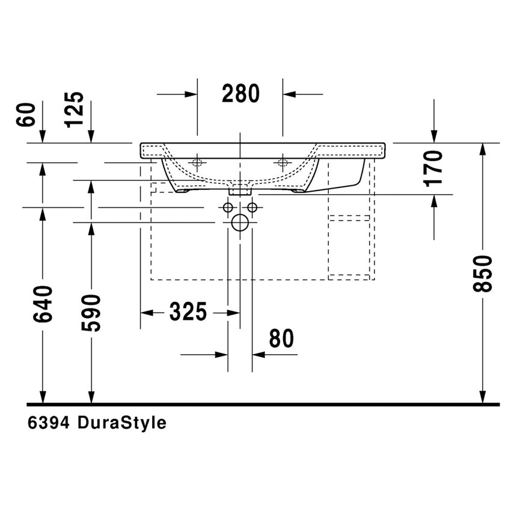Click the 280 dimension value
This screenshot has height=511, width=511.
(x=240, y=94)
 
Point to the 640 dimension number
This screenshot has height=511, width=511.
(x=43, y=304)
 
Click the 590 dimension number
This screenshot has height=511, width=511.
(x=91, y=313)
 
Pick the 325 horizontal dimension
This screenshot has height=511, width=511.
(x=188, y=312)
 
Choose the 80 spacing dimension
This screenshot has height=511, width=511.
(x=281, y=339)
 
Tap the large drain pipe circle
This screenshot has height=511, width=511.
(x=240, y=223)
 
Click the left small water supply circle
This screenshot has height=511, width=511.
(x=228, y=207)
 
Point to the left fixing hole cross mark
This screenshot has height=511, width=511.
(x=197, y=162)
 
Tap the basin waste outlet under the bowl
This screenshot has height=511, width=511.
(x=240, y=189)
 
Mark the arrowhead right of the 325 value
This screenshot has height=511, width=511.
(x=222, y=313)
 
